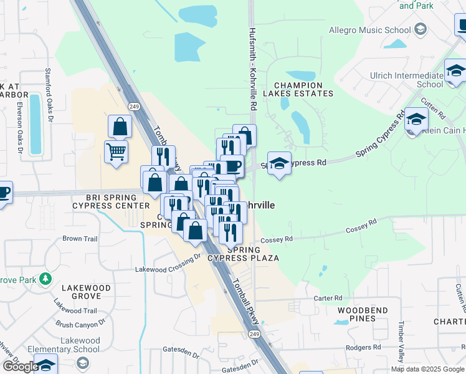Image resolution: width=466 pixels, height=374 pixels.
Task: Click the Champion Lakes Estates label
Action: click(x=298, y=89)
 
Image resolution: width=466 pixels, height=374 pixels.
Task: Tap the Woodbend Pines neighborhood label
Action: click(x=363, y=314)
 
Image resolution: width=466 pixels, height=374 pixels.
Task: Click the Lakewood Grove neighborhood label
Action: click(x=86, y=293)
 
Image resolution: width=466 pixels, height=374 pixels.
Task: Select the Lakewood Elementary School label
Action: click(x=80, y=345)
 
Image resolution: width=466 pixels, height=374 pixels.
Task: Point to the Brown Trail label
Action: click(x=80, y=239)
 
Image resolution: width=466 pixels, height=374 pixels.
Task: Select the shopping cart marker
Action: click(x=117, y=151)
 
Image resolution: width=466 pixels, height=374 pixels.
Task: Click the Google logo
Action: click(x=21, y=366)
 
